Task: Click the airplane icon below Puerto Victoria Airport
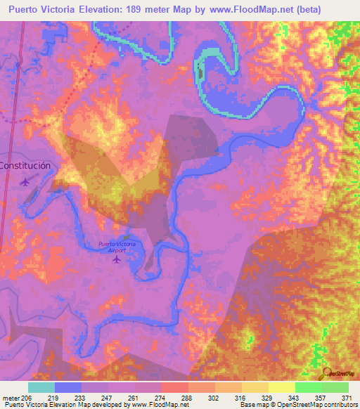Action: pyautogui.click(x=117, y=259)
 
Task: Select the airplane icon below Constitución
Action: pyautogui.click(x=26, y=181)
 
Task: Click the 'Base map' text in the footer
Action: pyautogui.click(x=251, y=404)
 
